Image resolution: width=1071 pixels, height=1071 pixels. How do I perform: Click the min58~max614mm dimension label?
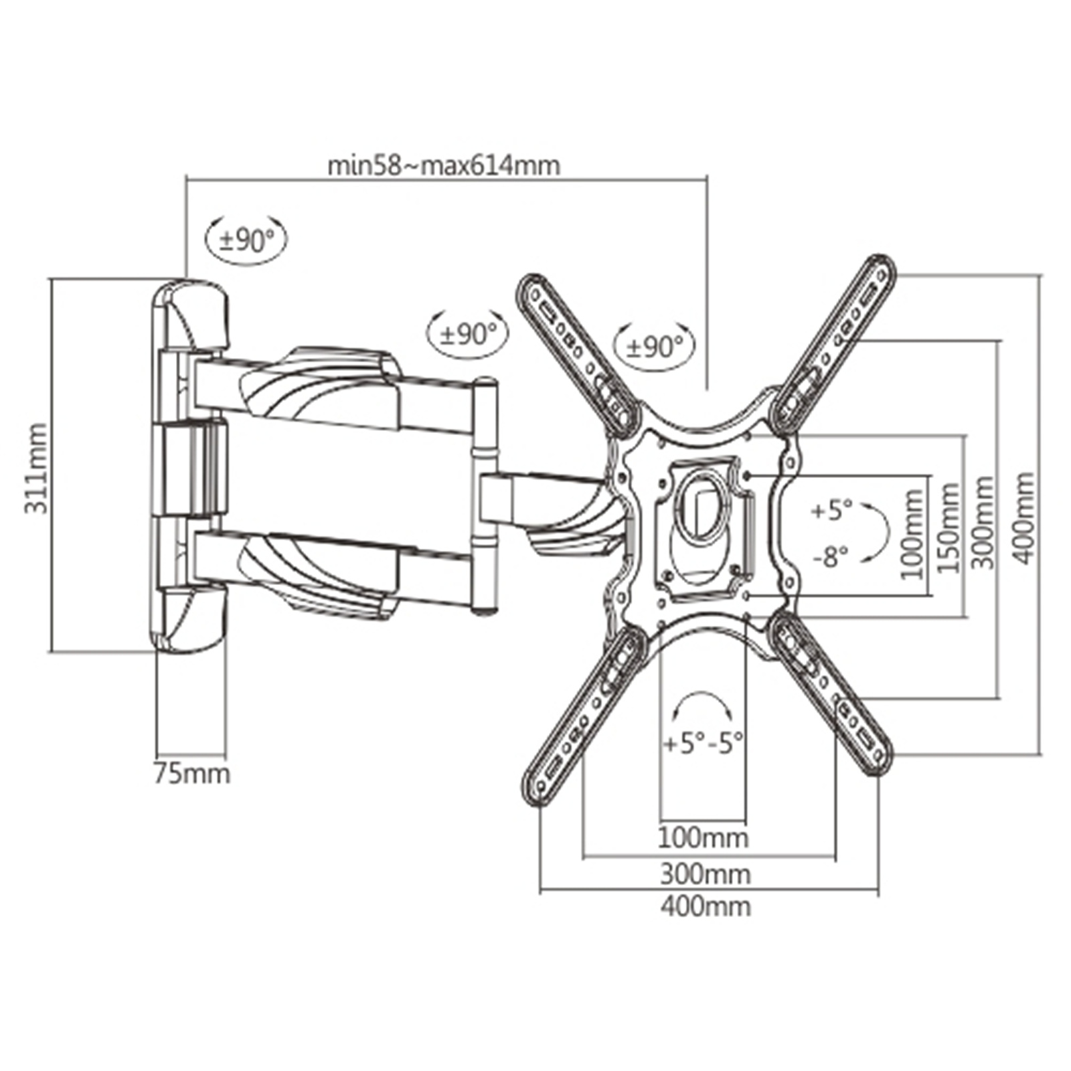click(x=443, y=165)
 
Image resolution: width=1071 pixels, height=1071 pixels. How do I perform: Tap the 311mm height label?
click(x=36, y=468)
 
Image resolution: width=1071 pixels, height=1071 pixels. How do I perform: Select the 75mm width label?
click(x=192, y=774)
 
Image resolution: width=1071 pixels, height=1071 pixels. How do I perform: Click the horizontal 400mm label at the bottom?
click(x=706, y=906)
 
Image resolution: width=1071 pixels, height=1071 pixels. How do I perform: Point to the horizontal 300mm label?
click(x=706, y=874)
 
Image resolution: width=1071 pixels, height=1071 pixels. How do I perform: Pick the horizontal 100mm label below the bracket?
click(x=703, y=837)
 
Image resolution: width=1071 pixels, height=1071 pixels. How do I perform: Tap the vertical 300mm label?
click(x=983, y=522)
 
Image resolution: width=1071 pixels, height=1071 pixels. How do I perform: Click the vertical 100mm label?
click(x=912, y=533)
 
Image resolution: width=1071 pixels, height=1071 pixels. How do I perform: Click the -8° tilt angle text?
click(x=831, y=556)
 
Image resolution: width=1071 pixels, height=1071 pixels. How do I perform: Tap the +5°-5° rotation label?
click(x=704, y=742)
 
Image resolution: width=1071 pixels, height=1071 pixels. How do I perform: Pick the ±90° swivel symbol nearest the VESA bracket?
click(x=655, y=346)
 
